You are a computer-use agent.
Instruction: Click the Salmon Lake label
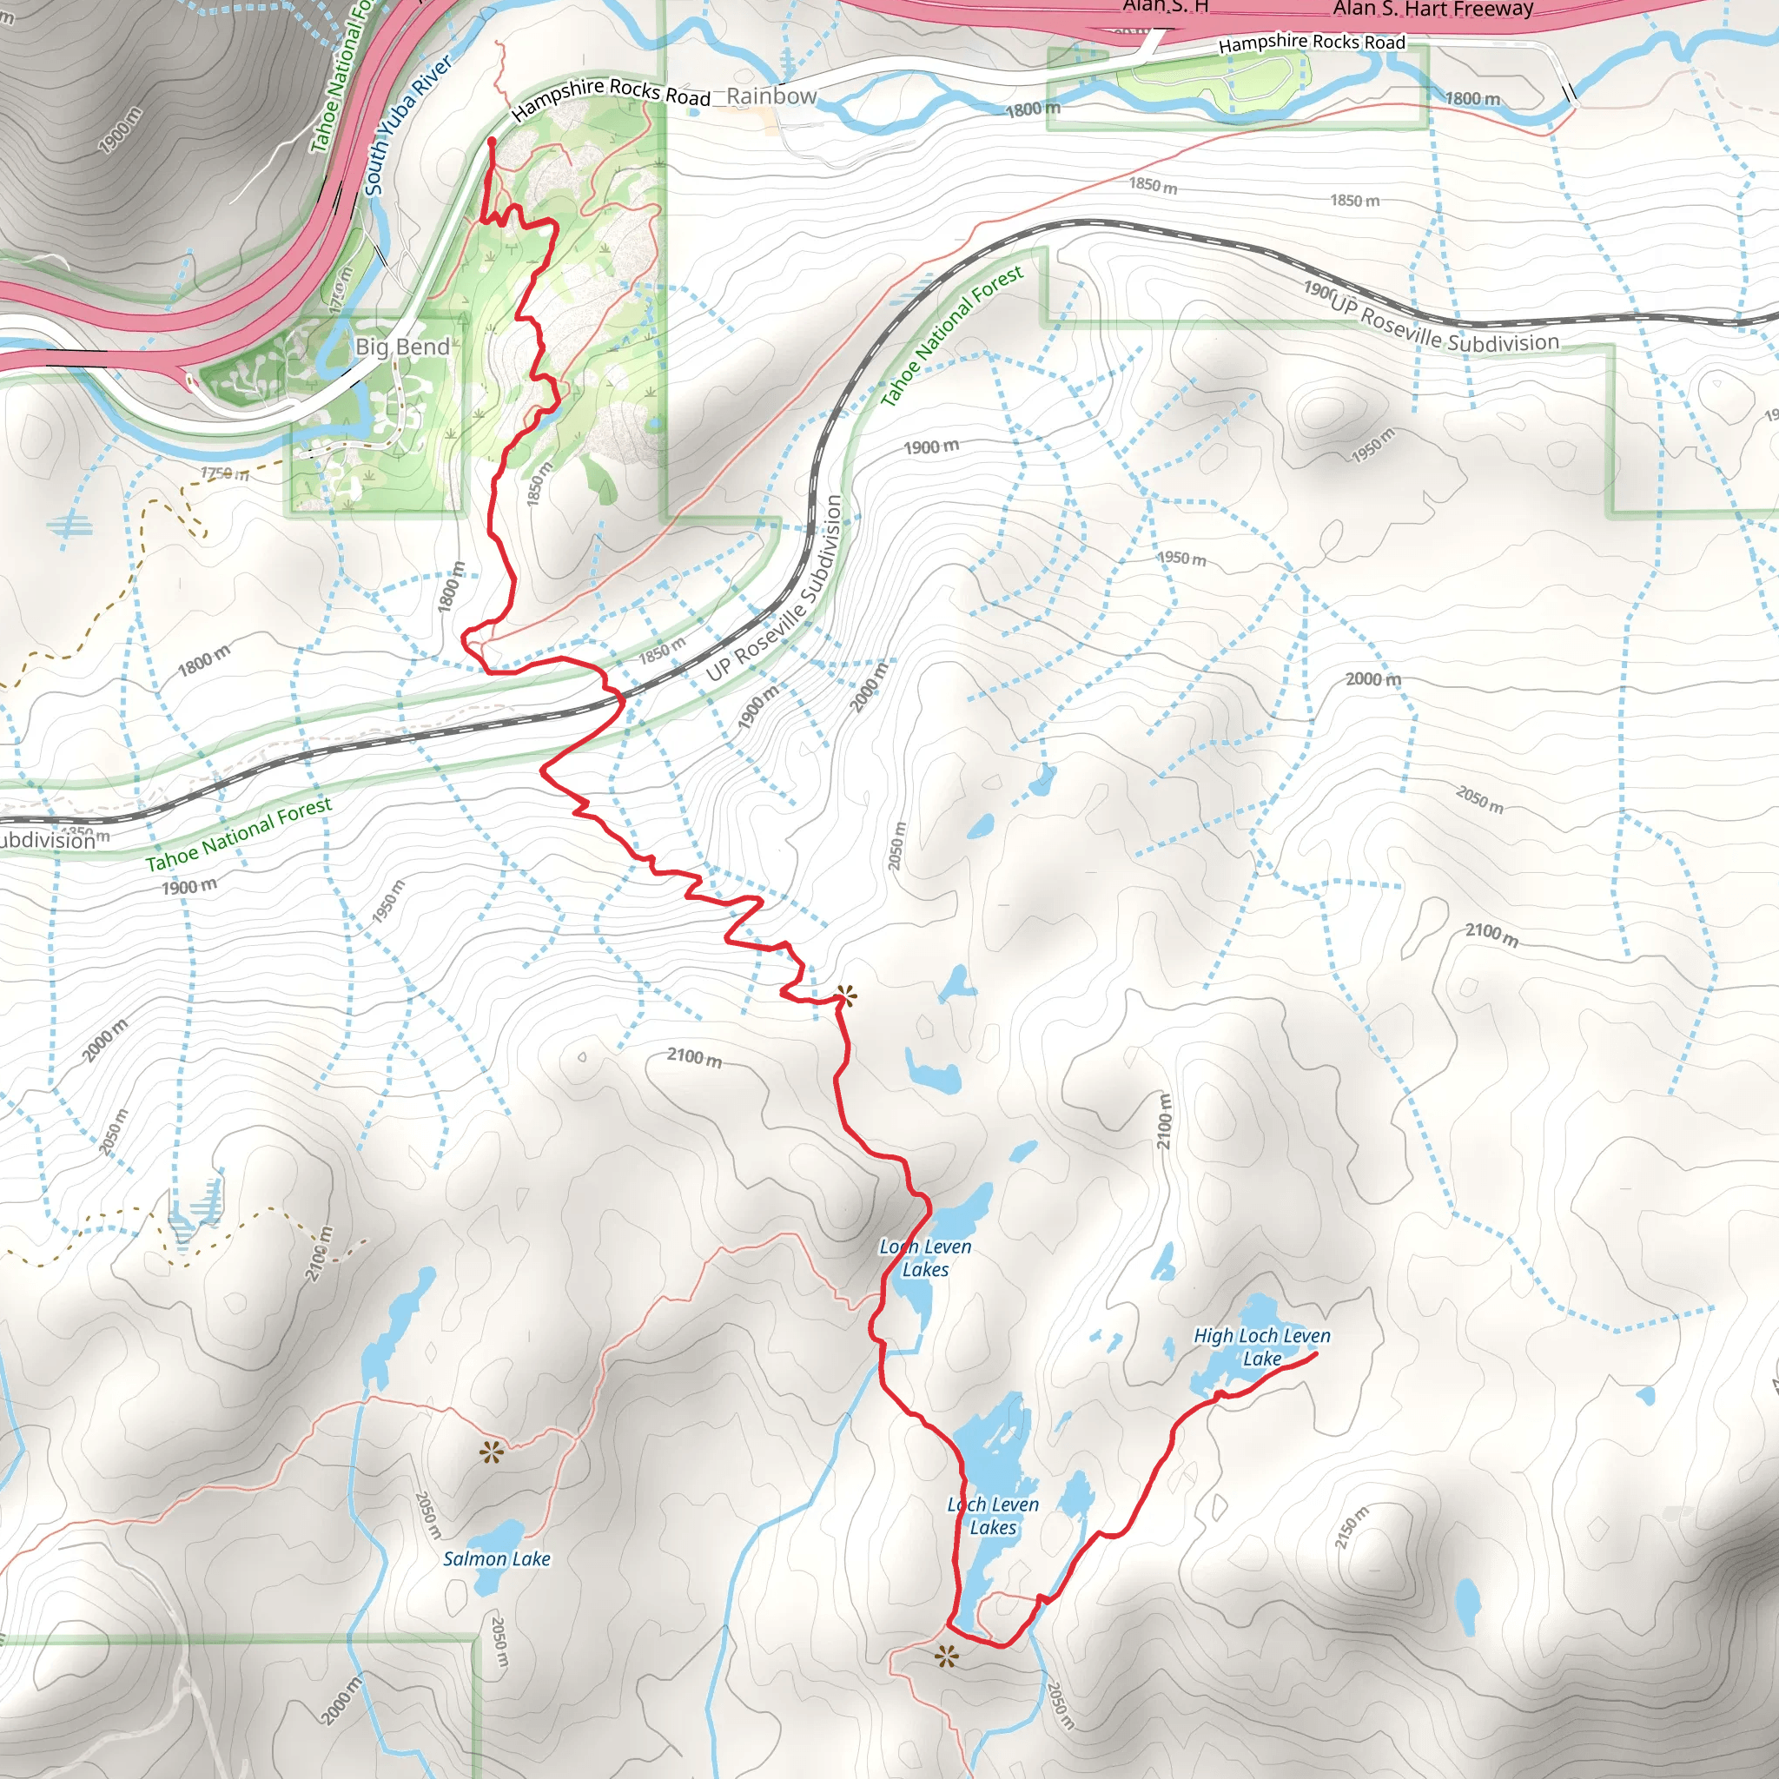tap(496, 1559)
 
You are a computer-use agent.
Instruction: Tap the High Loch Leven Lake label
tap(1261, 1346)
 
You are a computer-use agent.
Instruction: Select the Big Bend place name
tap(402, 347)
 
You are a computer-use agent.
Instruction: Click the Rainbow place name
tap(771, 96)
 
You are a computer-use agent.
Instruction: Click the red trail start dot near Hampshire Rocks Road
tap(492, 142)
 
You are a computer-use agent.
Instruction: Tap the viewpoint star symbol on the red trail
tap(845, 995)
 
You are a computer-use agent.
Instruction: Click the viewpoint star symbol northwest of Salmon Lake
tap(492, 1453)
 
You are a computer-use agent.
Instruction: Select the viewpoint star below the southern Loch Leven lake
tap(946, 1657)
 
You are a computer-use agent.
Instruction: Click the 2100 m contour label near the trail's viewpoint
tap(694, 1057)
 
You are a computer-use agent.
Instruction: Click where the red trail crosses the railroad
tap(618, 703)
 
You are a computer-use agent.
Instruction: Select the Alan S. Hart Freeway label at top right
tap(1432, 10)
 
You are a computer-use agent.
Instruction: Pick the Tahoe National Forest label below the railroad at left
tap(239, 834)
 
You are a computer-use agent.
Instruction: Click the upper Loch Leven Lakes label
tap(924, 1258)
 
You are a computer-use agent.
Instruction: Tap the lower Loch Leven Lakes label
tap(993, 1516)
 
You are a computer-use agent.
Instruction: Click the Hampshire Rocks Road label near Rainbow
tap(612, 98)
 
